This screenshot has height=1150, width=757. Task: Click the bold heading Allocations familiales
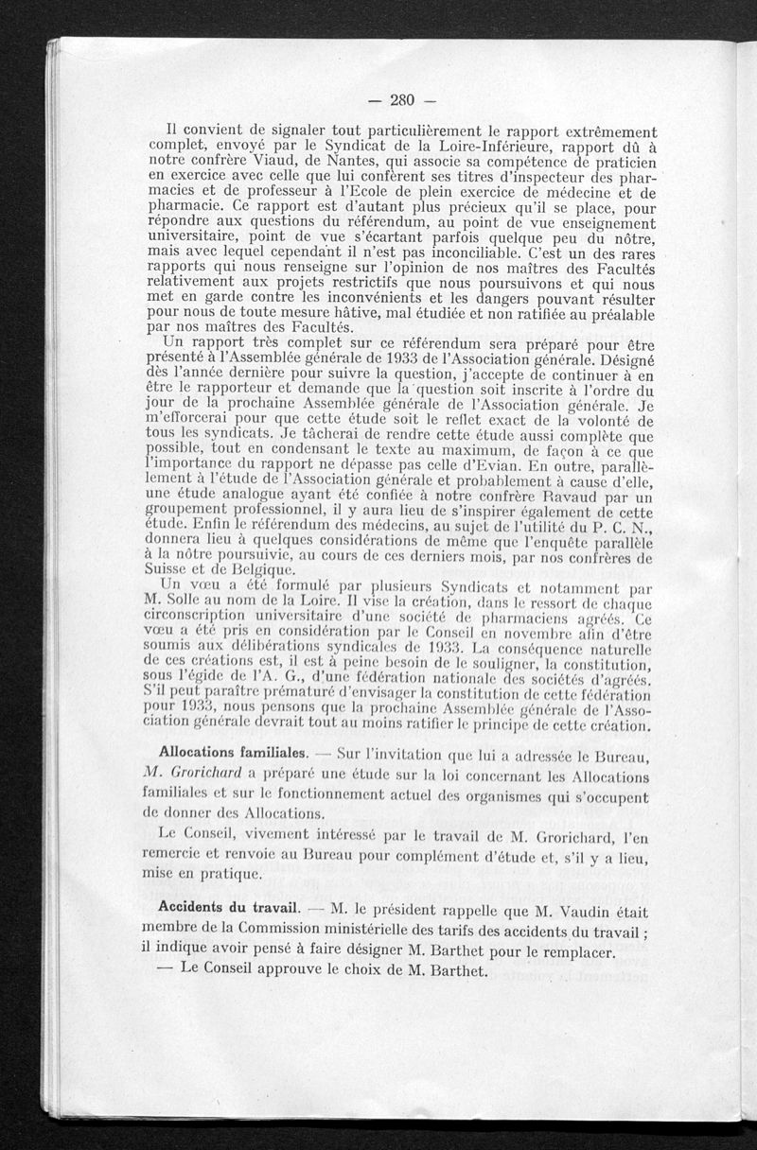(x=232, y=754)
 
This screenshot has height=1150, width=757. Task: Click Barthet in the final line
(x=457, y=970)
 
